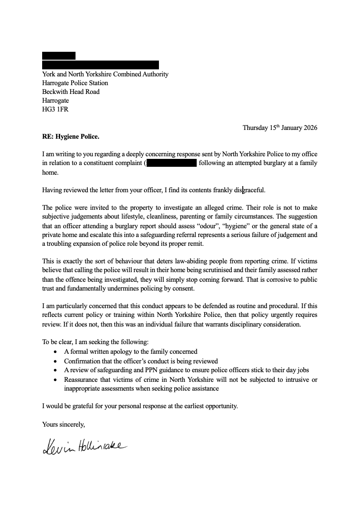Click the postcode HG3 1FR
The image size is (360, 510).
point(55,109)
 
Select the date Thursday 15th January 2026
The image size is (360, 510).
point(280,128)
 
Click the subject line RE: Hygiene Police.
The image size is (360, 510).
point(71,136)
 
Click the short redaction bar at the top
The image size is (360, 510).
point(59,56)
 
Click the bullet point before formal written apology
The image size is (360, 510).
point(54,352)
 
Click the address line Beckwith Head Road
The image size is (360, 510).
point(71,92)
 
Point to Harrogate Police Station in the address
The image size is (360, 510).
point(75,83)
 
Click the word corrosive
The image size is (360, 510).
point(269,280)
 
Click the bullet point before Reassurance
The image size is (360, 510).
point(54,380)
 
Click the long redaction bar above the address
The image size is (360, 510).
point(100,65)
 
